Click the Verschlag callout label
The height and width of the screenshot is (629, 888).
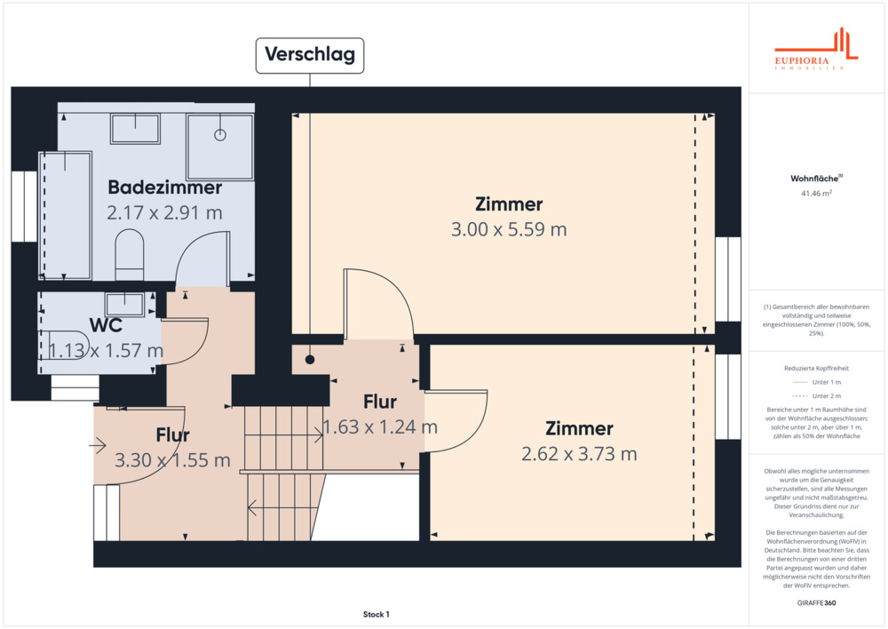click(310, 55)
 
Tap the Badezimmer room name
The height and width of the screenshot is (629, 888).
click(165, 187)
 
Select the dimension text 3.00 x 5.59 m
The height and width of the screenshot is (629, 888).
click(509, 229)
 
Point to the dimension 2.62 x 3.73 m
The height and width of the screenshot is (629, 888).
click(579, 454)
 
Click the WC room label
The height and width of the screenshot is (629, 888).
click(106, 325)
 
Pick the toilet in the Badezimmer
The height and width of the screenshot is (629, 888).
click(130, 254)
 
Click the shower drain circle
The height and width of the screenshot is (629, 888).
click(220, 135)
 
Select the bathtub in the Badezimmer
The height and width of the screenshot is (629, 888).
click(66, 215)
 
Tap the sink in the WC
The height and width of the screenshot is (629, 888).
click(125, 305)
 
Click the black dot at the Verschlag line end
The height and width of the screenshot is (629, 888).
click(310, 359)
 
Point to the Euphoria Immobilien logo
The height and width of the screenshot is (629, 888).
click(816, 49)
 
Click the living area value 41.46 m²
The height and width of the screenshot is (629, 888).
click(816, 194)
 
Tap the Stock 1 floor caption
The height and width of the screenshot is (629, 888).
click(376, 614)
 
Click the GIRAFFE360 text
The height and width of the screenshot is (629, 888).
click(816, 603)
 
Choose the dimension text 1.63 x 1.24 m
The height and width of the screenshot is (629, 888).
click(380, 426)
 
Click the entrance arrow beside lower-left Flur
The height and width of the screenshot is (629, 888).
click(98, 445)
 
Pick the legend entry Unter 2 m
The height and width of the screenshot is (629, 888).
click(816, 396)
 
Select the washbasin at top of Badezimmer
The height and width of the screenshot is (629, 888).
click(135, 129)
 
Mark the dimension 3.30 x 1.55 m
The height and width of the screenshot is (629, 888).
click(173, 460)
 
